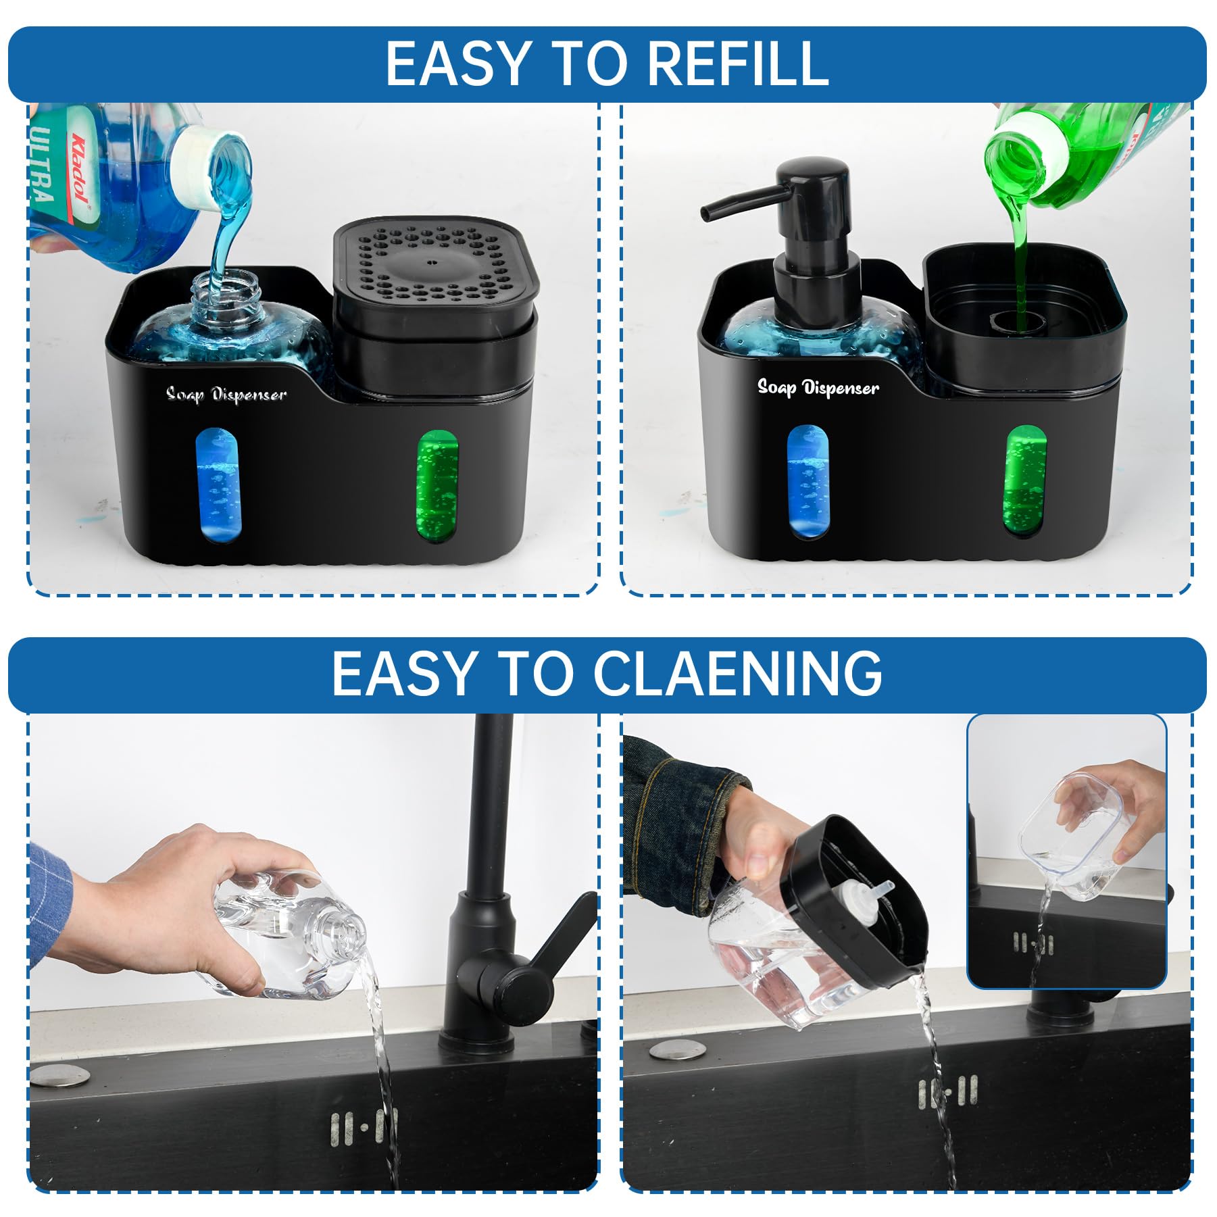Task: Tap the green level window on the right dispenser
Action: coord(1026,480)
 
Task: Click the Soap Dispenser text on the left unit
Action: coord(226,395)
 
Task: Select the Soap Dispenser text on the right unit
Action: coord(818,388)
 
